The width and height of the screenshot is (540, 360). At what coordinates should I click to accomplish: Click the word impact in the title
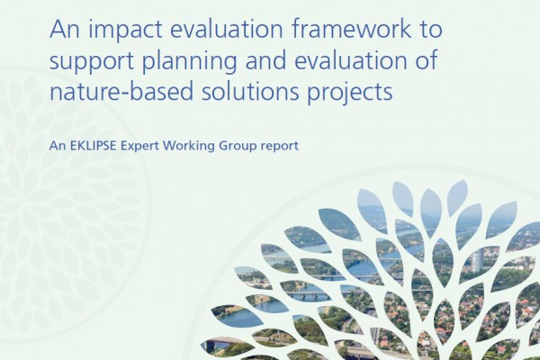(125, 31)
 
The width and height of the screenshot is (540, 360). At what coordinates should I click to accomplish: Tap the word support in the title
(92, 62)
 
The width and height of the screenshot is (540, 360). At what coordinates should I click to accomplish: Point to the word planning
(189, 62)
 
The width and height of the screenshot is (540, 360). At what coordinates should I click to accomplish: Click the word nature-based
(121, 91)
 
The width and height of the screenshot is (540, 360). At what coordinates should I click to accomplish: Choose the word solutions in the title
(250, 91)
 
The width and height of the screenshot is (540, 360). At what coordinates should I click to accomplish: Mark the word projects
(349, 93)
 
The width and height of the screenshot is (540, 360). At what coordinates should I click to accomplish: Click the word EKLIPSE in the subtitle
(92, 146)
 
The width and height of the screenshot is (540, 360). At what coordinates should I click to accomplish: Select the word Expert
(139, 147)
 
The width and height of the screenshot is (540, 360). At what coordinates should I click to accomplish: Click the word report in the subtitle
(280, 147)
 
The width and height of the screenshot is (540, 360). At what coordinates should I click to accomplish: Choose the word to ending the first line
(430, 30)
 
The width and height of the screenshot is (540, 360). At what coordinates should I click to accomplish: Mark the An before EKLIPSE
(58, 146)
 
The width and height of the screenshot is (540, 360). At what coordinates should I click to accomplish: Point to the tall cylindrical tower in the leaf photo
(478, 263)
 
